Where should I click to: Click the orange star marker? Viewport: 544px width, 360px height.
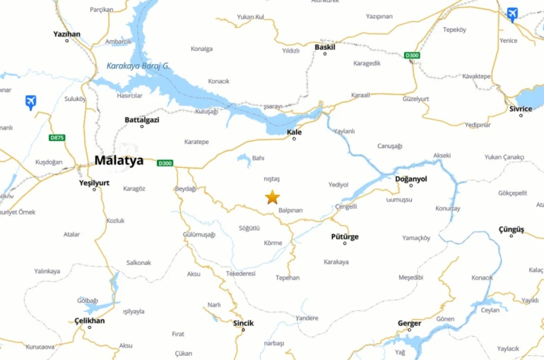click(x=272, y=197)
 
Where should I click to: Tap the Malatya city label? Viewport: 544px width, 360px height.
click(x=119, y=160)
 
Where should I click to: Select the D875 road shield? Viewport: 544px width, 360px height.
click(x=57, y=137)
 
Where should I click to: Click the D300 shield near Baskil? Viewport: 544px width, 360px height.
click(x=412, y=55)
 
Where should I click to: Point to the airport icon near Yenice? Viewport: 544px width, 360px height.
click(x=512, y=14)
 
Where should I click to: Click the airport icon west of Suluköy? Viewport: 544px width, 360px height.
click(x=30, y=102)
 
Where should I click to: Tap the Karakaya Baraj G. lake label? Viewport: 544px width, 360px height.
click(x=138, y=66)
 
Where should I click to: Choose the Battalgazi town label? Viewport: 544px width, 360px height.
click(x=142, y=120)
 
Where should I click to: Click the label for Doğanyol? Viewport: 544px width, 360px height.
click(x=410, y=179)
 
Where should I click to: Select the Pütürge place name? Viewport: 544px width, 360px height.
click(x=345, y=236)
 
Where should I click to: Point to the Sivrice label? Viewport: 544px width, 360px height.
click(x=521, y=109)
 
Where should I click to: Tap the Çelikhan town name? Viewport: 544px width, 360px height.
click(x=89, y=320)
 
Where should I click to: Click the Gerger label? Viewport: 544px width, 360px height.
click(x=409, y=323)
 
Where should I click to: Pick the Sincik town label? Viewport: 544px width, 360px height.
click(x=243, y=323)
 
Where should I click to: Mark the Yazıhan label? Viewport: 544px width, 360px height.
click(x=67, y=33)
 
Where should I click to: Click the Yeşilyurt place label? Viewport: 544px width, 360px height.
click(x=94, y=182)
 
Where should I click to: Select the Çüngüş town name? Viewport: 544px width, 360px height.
click(x=512, y=229)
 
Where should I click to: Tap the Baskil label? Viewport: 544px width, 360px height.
click(x=325, y=47)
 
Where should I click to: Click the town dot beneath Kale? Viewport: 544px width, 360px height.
click(x=295, y=138)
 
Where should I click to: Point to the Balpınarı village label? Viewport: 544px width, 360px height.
click(x=290, y=210)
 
